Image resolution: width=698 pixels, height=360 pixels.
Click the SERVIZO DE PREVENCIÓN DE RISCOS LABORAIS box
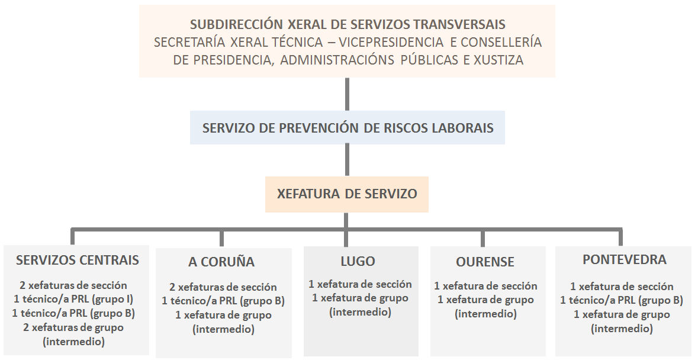pyautogui.click(x=347, y=128)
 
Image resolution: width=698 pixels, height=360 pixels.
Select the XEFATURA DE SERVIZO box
pyautogui.click(x=347, y=194)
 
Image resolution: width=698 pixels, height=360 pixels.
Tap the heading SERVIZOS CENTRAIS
pyautogui.click(x=78, y=260)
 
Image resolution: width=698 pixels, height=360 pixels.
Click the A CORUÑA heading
pyautogui.click(x=221, y=262)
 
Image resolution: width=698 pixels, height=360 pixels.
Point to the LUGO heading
pyautogui.click(x=358, y=261)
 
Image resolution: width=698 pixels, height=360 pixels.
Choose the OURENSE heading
pyautogui.click(x=485, y=262)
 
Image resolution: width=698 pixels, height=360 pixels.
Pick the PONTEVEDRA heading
pyautogui.click(x=625, y=259)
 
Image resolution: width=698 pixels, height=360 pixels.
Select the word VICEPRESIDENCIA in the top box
pyautogui.click(x=391, y=42)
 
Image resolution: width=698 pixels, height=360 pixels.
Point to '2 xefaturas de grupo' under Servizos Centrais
pyautogui.click(x=73, y=327)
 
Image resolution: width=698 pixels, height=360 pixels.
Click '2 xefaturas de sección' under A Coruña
pyautogui.click(x=223, y=287)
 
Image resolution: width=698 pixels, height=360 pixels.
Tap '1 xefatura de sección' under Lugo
pyautogui.click(x=360, y=284)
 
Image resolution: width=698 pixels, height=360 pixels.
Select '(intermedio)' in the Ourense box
pyautogui.click(x=485, y=314)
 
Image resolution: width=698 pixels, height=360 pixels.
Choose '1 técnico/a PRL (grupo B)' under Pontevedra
pyautogui.click(x=622, y=300)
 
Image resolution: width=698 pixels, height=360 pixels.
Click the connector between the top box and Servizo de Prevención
pyautogui.click(x=347, y=94)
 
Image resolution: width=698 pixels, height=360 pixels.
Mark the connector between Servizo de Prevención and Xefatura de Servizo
pyautogui.click(x=347, y=160)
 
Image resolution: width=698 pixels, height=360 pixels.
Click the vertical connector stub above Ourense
pyautogui.click(x=482, y=237)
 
